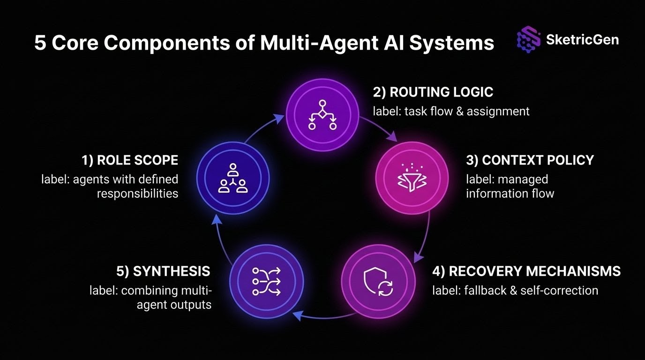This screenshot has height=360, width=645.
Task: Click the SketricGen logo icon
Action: point(528,40)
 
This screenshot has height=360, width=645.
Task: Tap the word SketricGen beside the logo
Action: point(582,39)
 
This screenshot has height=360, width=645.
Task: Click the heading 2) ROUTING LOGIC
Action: point(433,92)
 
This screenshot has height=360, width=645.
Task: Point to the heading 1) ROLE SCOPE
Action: point(130,160)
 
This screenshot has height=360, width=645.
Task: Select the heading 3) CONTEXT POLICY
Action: point(530,160)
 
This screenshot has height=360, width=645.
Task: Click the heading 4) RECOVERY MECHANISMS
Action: point(526,271)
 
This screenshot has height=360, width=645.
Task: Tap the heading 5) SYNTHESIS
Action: point(163,271)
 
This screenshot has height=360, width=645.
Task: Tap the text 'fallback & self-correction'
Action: point(515,291)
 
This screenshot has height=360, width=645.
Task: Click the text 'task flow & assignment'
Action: point(451,111)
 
